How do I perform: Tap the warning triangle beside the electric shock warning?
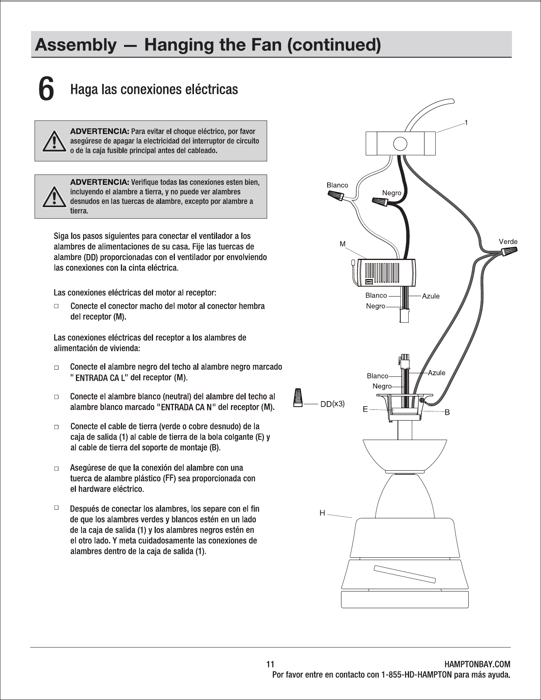click(x=54, y=141)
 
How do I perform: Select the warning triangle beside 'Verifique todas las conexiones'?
click(x=54, y=196)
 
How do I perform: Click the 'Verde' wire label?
click(x=508, y=242)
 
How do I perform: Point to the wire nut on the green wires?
click(x=510, y=251)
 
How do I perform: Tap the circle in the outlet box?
click(x=400, y=143)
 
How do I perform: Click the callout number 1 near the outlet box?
click(x=466, y=123)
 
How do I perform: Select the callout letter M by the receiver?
click(x=343, y=244)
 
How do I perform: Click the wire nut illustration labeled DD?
click(x=297, y=398)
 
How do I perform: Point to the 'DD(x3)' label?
click(x=333, y=404)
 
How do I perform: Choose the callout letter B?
click(x=447, y=413)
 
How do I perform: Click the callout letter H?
click(x=322, y=513)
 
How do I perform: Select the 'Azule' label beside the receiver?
click(x=431, y=296)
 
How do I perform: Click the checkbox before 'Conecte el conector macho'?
click(x=56, y=306)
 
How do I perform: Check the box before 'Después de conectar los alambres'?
click(x=56, y=508)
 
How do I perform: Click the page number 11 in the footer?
click(x=270, y=664)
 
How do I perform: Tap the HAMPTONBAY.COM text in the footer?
click(x=477, y=664)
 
